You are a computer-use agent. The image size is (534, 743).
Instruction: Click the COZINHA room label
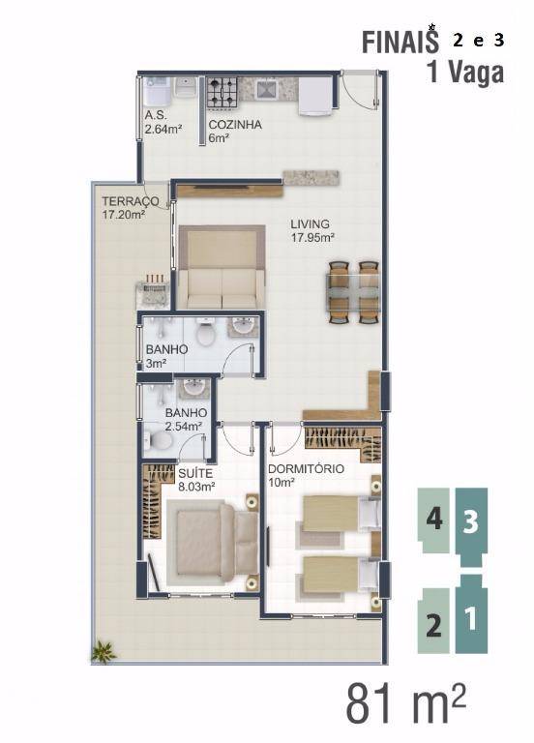(235, 125)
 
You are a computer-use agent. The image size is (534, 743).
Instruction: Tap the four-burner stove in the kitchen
(222, 92)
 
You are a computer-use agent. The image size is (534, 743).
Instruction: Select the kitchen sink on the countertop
(266, 90)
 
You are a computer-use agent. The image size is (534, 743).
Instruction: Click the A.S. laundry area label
(156, 115)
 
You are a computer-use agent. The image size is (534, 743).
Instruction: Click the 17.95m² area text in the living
(312, 237)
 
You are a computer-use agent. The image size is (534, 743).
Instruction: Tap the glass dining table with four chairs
(353, 292)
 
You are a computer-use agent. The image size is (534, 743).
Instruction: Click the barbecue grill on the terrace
(153, 291)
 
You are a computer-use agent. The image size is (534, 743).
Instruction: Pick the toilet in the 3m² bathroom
(205, 332)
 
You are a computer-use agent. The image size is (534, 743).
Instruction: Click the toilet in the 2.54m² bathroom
(158, 441)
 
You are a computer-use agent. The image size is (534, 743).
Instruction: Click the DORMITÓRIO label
(306, 469)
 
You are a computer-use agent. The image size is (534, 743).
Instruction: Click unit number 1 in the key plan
(471, 619)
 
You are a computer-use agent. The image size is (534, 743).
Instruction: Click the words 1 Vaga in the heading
(465, 74)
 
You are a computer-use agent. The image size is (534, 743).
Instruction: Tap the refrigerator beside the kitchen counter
(314, 96)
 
